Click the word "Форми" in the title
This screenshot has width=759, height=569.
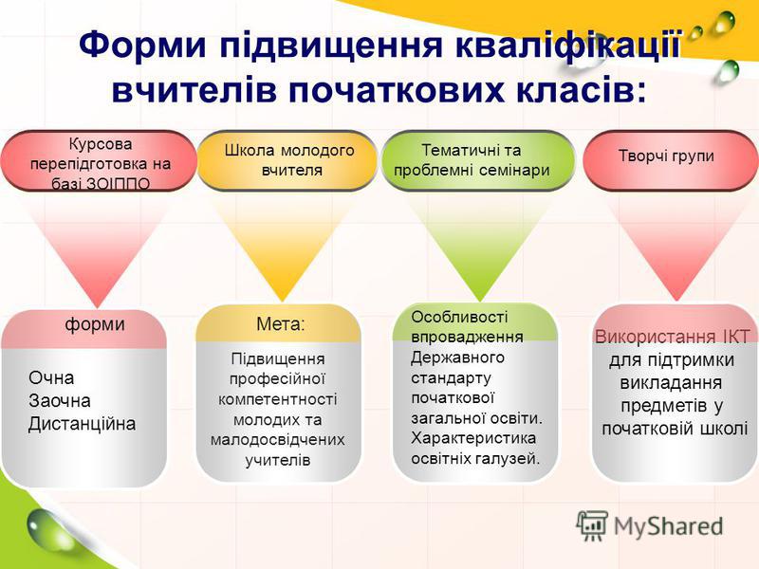[x=143, y=45]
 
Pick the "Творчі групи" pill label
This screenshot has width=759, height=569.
[x=666, y=156]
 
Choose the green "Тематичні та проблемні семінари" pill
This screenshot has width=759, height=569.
[x=478, y=160]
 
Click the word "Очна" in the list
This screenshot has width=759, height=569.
[x=51, y=377]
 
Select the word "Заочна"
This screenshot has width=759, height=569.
[x=60, y=400]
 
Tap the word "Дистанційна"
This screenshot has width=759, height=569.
[x=82, y=424]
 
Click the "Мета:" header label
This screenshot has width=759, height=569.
[x=281, y=323]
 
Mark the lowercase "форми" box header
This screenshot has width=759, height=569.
[x=95, y=323]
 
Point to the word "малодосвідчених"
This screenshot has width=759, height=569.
[x=278, y=440]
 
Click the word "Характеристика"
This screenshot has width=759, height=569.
[x=473, y=438]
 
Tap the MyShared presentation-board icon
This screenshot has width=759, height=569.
[x=592, y=526]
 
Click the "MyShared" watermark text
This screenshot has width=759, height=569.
[x=668, y=526]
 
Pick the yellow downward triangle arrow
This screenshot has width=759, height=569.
[x=282, y=247]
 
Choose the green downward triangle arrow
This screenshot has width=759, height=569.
[x=479, y=247]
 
